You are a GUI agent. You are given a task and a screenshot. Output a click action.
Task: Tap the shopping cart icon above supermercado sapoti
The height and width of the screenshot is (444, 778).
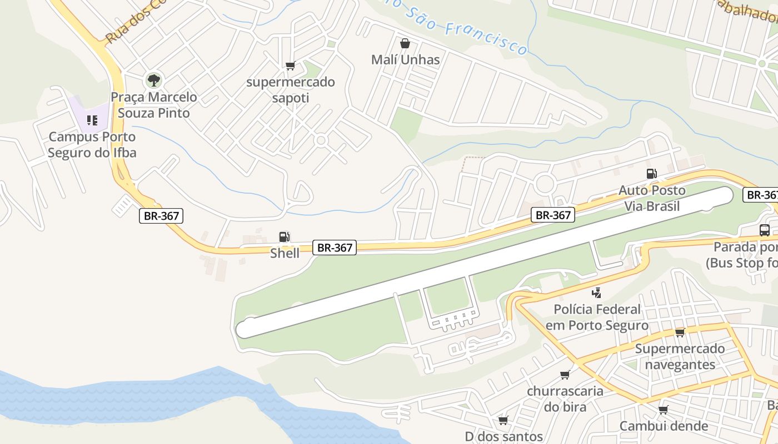pyautogui.click(x=290, y=66)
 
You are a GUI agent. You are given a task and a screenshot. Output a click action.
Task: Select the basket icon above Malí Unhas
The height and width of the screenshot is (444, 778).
pyautogui.click(x=405, y=43)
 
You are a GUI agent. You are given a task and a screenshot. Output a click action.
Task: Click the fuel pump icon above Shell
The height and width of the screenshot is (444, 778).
pyautogui.click(x=284, y=237)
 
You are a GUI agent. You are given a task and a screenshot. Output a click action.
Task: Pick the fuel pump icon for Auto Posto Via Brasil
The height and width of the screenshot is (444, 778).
pyautogui.click(x=652, y=174)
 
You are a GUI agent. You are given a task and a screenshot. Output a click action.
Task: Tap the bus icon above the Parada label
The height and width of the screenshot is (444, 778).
pyautogui.click(x=765, y=230)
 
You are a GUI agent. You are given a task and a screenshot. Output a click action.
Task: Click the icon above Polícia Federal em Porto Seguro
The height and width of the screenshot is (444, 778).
pyautogui.click(x=597, y=292)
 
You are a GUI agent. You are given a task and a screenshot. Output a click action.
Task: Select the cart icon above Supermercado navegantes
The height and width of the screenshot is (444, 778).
pyautogui.click(x=680, y=332)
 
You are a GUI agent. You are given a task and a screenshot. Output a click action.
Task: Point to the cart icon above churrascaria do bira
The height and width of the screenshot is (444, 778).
pyautogui.click(x=565, y=375)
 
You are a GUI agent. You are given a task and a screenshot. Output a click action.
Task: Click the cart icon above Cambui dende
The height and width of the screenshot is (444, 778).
pyautogui.click(x=663, y=410)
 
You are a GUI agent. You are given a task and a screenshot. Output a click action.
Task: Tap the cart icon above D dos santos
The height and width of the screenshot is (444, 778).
pyautogui.click(x=503, y=420)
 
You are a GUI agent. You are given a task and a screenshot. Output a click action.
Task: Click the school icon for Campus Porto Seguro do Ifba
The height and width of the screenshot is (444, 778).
pyautogui.click(x=92, y=120)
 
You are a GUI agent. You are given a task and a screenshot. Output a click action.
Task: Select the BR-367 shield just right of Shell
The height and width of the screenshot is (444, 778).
pyautogui.click(x=334, y=248)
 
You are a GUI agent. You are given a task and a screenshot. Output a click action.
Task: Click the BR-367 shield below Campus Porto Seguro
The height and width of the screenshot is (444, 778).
pyautogui.click(x=161, y=216)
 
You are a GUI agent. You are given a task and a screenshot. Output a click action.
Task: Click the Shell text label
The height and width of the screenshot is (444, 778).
pyautogui.click(x=285, y=253)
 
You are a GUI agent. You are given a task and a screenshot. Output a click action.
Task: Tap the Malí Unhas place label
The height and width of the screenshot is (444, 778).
pyautogui.click(x=405, y=59)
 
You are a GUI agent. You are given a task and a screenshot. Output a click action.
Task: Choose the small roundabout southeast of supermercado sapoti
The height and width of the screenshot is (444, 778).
pyautogui.click(x=321, y=140)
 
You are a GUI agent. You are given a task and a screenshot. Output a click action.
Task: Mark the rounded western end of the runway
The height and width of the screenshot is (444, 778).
pyautogui.click(x=245, y=329)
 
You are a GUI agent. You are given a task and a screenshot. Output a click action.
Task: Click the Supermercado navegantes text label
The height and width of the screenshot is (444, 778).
pyautogui.click(x=680, y=356)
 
